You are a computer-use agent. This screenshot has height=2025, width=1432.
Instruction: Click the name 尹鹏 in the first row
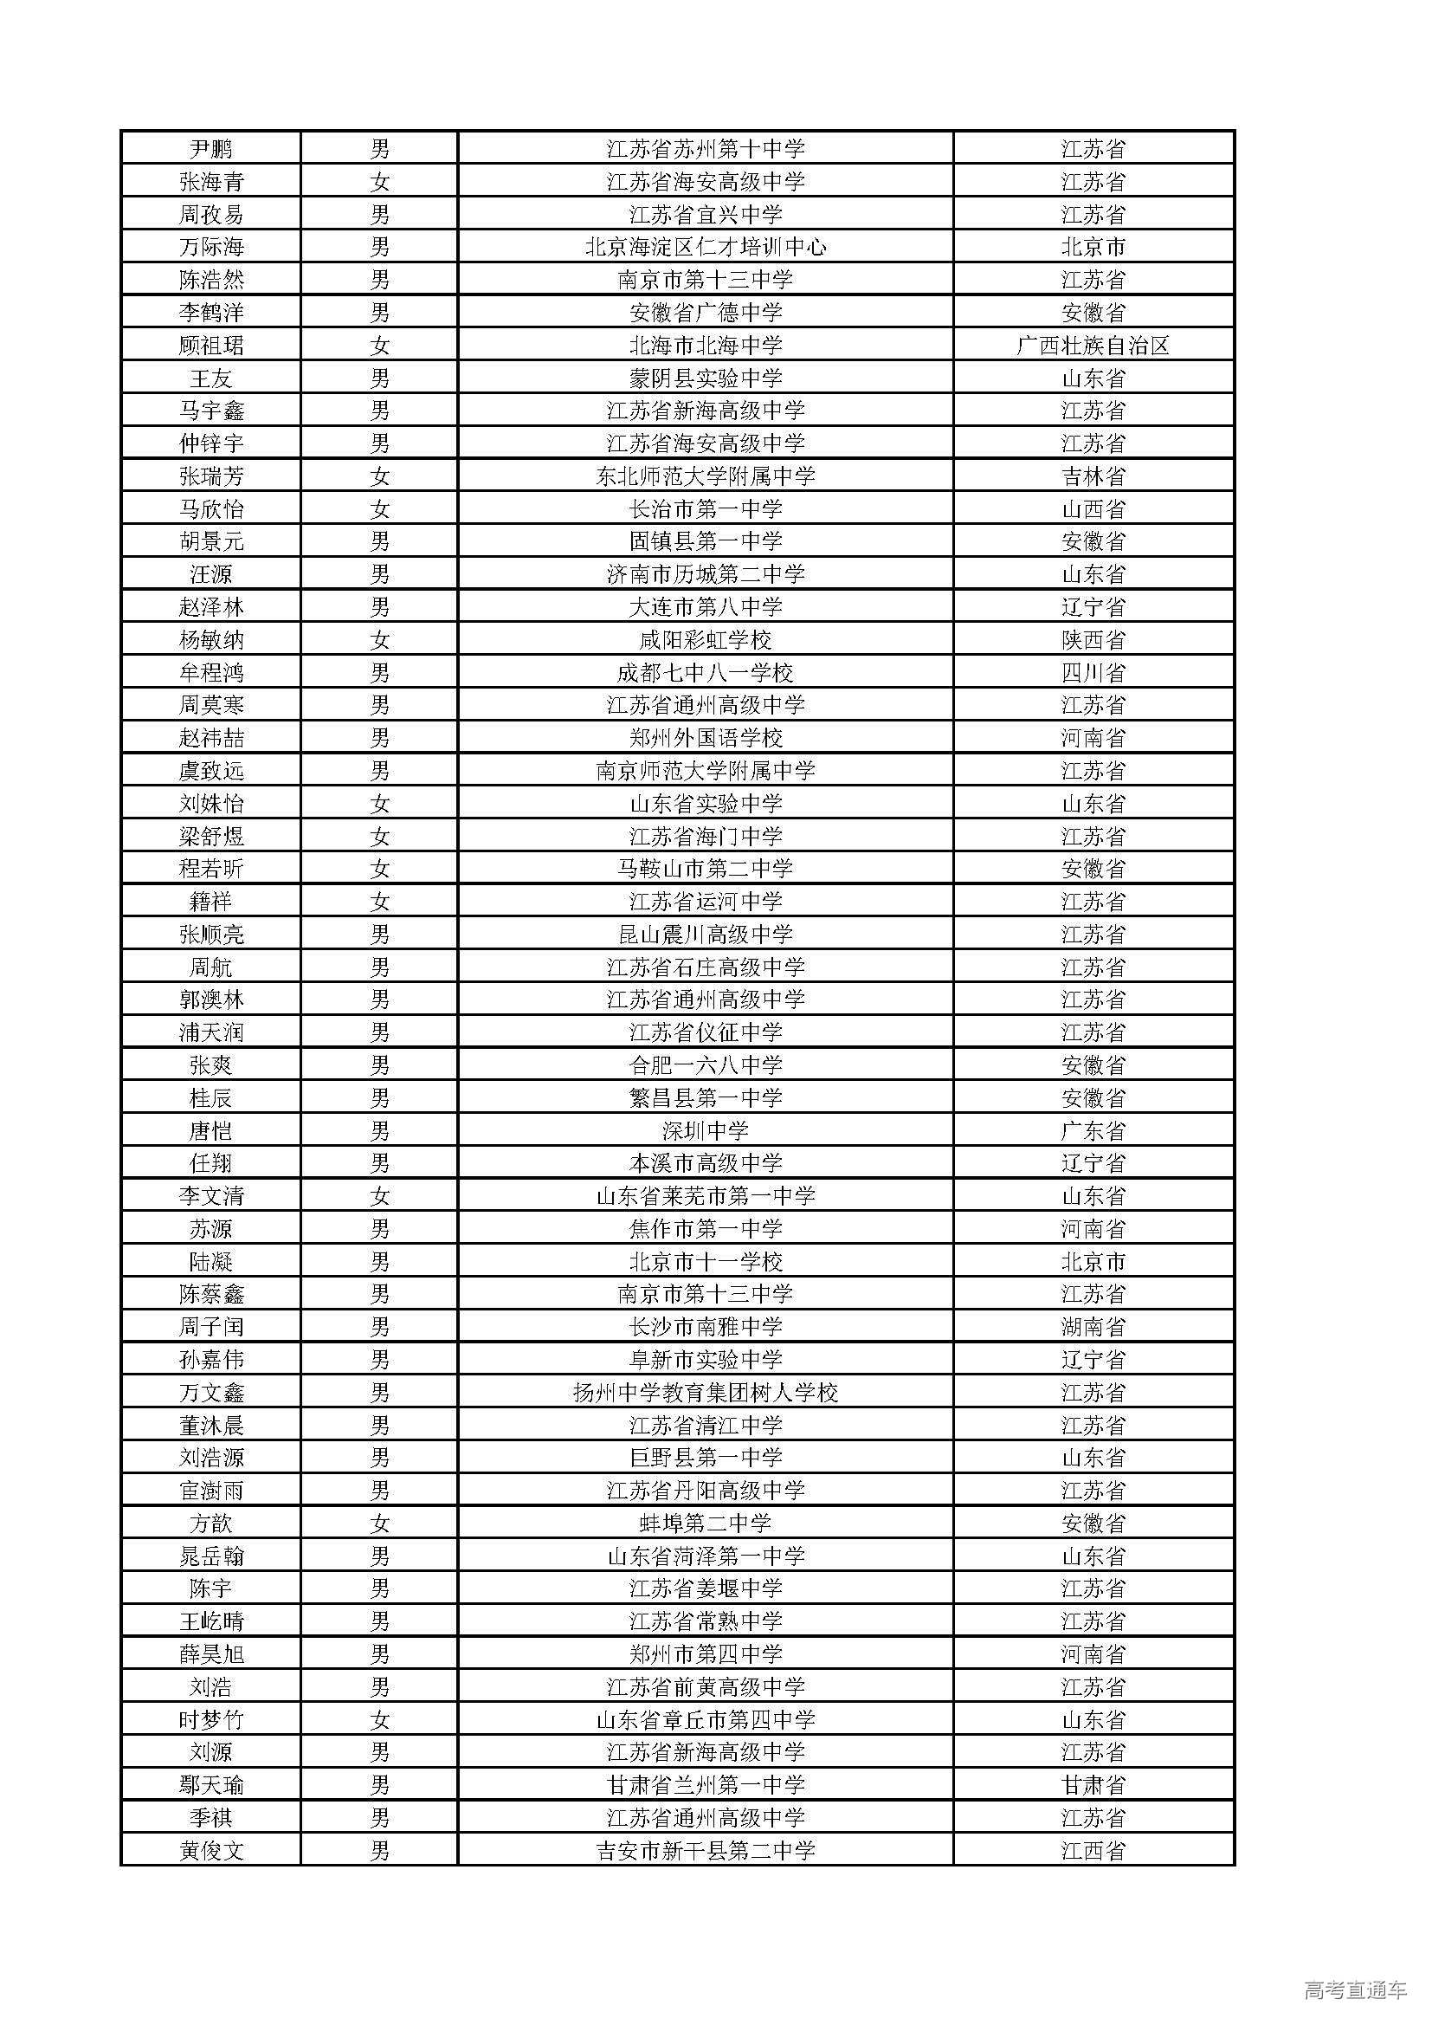(210, 149)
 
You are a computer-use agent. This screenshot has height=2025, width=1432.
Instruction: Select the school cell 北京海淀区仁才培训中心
(706, 247)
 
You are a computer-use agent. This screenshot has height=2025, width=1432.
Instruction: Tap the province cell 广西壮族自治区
(1093, 346)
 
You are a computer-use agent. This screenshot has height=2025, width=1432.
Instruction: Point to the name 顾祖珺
(210, 346)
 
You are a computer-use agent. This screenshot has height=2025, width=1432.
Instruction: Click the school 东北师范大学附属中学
(706, 477)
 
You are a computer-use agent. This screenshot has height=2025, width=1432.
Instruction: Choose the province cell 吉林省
(1093, 477)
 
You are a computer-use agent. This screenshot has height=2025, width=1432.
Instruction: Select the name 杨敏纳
(210, 640)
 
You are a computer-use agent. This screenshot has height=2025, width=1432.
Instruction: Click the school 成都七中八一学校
(706, 673)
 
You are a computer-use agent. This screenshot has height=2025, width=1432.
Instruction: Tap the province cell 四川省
(1093, 673)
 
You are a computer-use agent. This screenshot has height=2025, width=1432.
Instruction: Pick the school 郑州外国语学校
(706, 738)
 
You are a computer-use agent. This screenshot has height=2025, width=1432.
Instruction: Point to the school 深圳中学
(706, 1130)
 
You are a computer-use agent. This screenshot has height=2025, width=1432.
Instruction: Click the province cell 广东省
(1093, 1130)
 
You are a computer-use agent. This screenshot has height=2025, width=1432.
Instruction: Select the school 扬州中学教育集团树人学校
(706, 1393)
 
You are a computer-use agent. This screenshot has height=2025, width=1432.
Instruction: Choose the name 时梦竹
(210, 1719)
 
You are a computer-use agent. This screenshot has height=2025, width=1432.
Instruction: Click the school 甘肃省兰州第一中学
(706, 1784)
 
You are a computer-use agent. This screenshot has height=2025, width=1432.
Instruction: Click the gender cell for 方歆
(379, 1524)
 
